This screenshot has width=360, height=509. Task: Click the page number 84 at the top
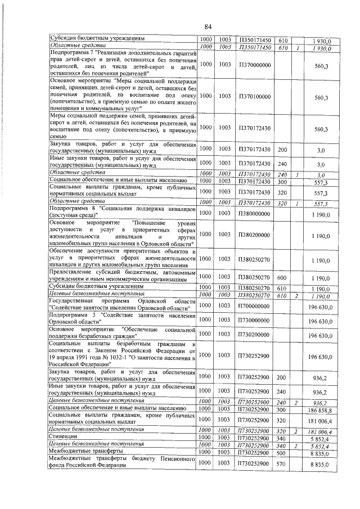coord(208,26)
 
